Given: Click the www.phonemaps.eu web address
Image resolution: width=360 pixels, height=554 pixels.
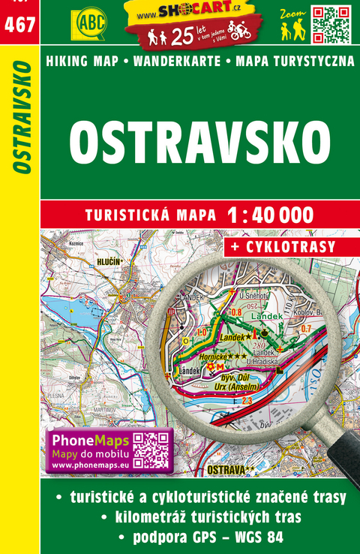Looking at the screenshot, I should pos(82,465).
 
